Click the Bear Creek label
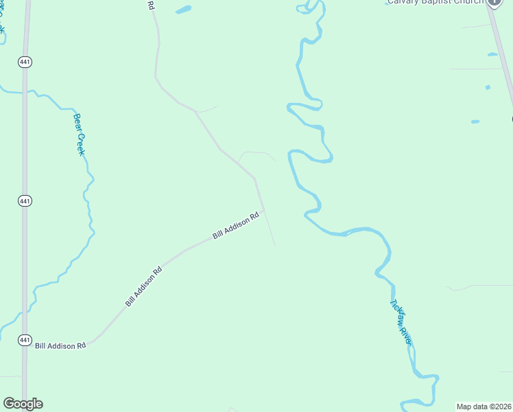[80, 134]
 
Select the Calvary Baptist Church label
[434, 2]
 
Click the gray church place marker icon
[494, 2]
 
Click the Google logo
[23, 404]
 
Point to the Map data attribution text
[484, 407]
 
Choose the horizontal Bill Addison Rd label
[60, 346]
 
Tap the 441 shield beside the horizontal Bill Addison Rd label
[25, 340]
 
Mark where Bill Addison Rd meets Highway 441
[25, 345]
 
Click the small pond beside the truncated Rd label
[183, 10]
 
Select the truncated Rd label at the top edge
[151, 5]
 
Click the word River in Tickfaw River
[406, 335]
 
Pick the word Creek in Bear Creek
[81, 143]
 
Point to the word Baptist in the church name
[438, 2]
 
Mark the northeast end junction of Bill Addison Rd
[264, 210]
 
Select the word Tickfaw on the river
[396, 312]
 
